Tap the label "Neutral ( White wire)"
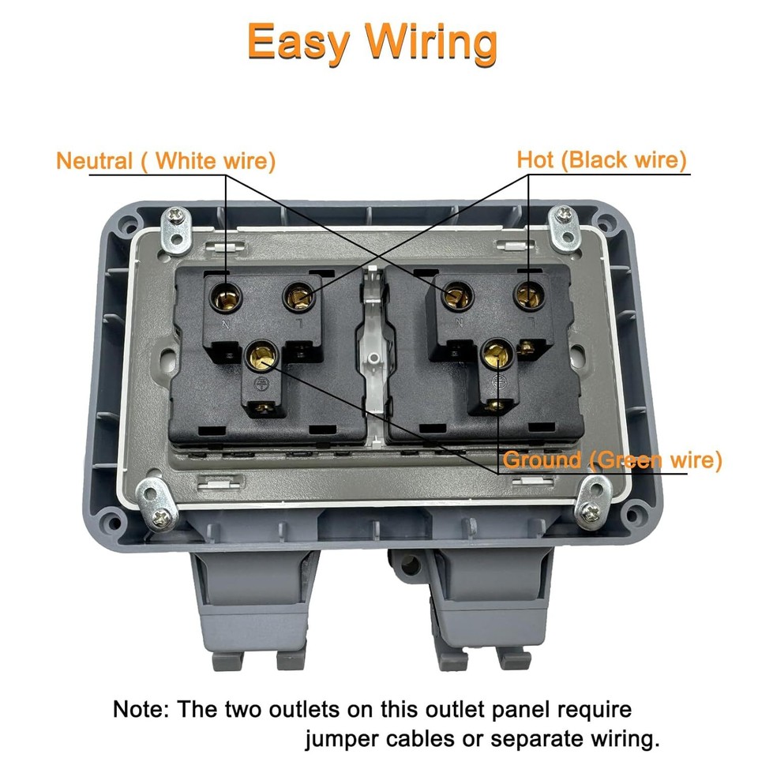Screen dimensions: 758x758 click(166, 161)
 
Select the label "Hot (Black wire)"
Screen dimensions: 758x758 click(602, 160)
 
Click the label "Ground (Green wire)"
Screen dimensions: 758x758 click(613, 460)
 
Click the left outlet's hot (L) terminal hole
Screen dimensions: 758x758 click(298, 297)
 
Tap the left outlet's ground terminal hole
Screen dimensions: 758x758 click(260, 355)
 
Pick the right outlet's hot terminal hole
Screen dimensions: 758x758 click(527, 296)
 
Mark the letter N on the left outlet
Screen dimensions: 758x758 click(225, 324)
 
